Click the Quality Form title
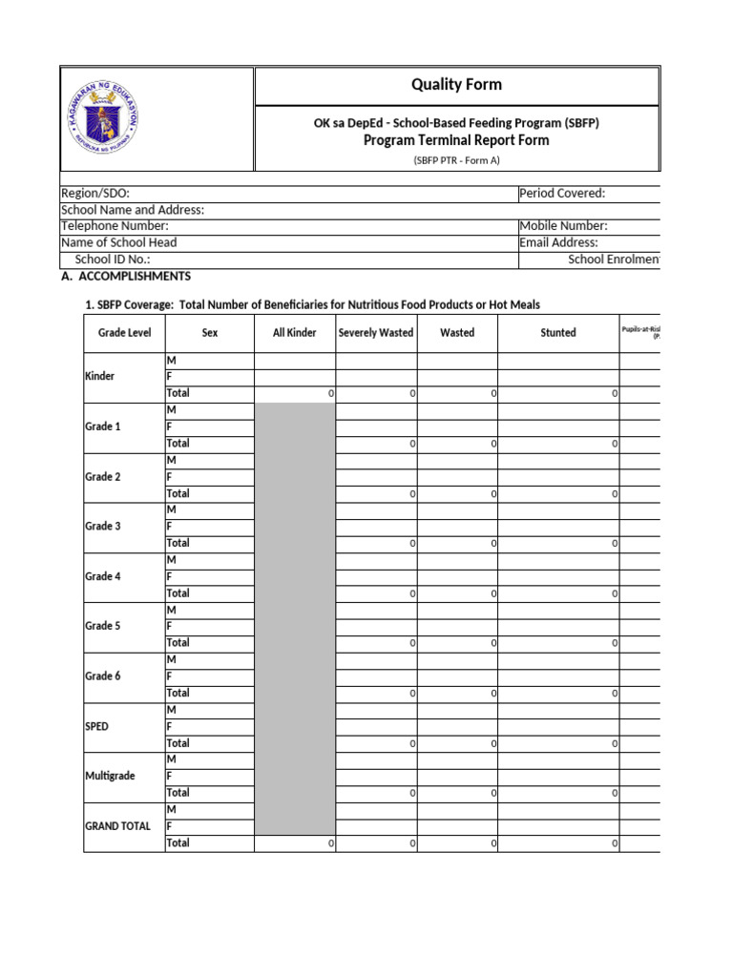[456, 85]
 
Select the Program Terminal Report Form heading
[456, 140]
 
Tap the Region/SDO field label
[95, 194]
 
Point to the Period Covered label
[562, 194]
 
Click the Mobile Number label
[563, 226]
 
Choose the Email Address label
[559, 242]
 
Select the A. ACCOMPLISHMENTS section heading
[125, 276]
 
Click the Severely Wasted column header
[376, 333]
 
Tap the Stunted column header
[558, 333]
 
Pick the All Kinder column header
[295, 333]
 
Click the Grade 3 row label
[103, 526]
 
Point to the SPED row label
[97, 726]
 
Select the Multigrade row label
[111, 776]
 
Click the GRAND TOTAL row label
[118, 826]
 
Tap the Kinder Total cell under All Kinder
[295, 393]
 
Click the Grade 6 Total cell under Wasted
[457, 693]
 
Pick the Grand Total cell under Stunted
[558, 843]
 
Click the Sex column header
[210, 333]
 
